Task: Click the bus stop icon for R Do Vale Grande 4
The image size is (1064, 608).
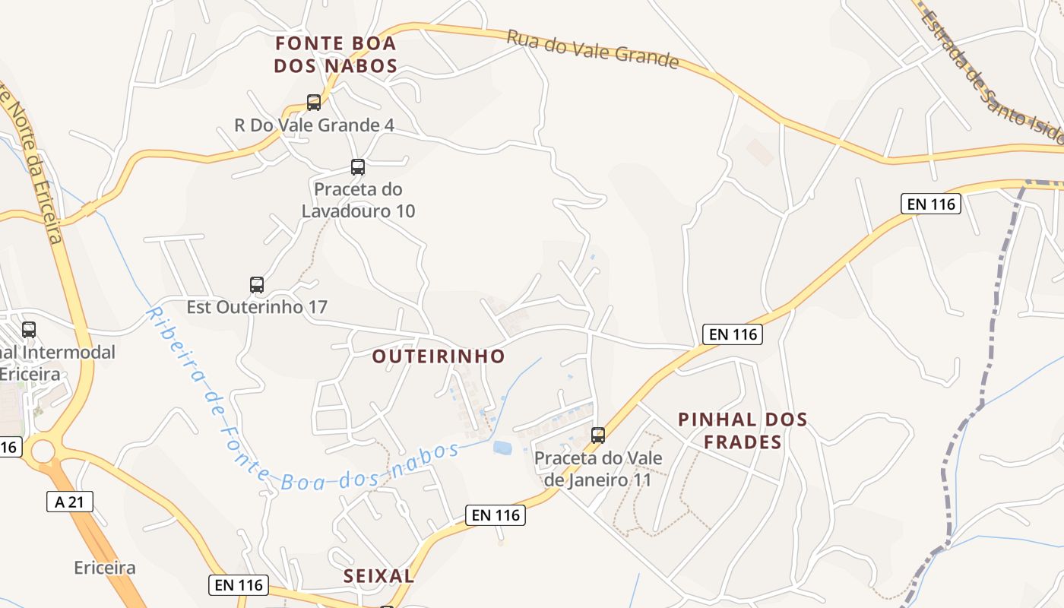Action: coord(313,102)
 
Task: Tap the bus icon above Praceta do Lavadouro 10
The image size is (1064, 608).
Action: coord(357,166)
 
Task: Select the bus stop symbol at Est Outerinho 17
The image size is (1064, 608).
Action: coord(257,285)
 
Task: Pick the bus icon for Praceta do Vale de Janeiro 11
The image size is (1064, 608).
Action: coord(598,435)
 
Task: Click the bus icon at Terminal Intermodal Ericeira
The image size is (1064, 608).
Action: coord(29,330)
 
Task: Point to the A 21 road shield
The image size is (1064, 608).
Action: coord(69,502)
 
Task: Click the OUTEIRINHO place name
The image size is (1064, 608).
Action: coord(439,356)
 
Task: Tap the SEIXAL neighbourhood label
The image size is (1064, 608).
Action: coord(378,576)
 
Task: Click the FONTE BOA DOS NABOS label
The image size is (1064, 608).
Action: coord(335,54)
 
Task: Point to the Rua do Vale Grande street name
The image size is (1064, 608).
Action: coord(592,49)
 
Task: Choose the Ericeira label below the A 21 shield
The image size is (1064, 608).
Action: coord(105,568)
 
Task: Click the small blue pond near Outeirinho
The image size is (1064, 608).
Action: coord(502,448)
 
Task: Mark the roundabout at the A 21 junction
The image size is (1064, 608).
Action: coord(43,452)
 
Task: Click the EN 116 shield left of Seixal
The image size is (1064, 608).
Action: coord(238,584)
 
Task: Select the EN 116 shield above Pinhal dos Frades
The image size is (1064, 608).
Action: coord(732,334)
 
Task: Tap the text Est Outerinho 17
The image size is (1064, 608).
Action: coord(257,307)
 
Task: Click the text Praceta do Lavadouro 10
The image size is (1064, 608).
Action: coord(358,200)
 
